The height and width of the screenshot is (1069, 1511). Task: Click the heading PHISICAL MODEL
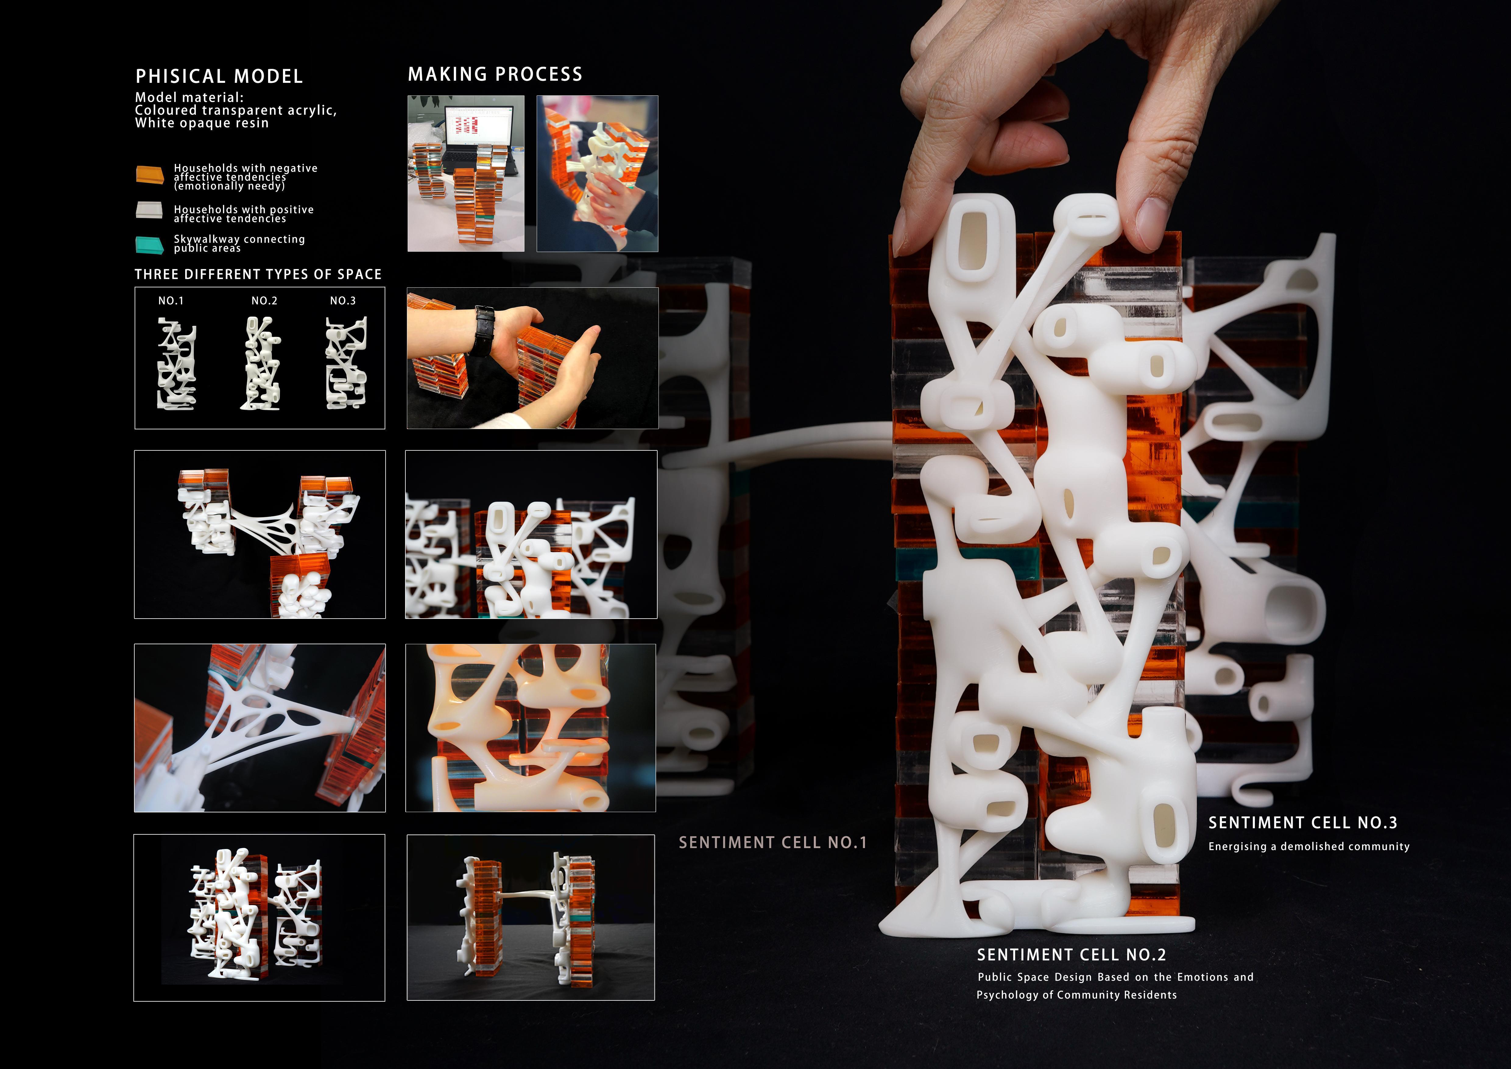click(219, 76)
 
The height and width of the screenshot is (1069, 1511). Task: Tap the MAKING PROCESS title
click(495, 74)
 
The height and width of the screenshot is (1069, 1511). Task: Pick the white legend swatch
click(149, 210)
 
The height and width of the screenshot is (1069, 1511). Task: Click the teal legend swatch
click(149, 245)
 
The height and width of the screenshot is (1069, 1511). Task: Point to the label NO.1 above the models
click(171, 301)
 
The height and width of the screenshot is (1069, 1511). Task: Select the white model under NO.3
click(345, 363)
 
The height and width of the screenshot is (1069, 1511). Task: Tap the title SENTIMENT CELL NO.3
click(1302, 823)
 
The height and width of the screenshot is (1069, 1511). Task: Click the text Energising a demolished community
click(1308, 847)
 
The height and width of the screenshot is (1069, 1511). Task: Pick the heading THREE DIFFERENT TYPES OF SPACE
click(258, 275)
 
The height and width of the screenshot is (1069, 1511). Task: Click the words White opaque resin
click(202, 123)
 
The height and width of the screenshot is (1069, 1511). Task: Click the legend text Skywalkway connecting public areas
click(239, 243)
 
